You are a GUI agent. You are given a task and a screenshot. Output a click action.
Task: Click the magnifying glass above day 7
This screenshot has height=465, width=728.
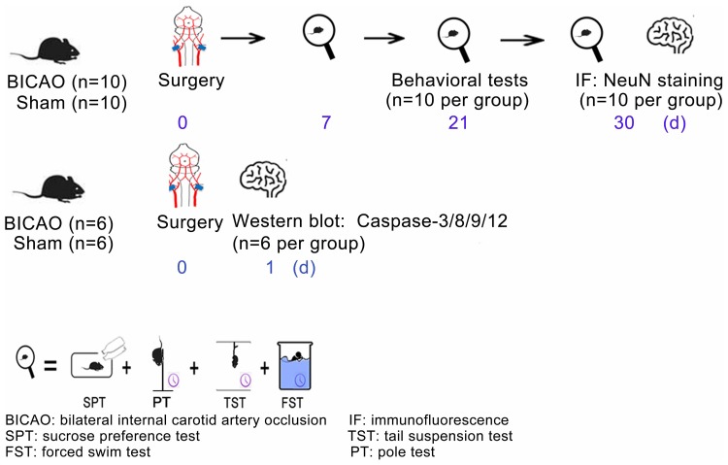(318, 39)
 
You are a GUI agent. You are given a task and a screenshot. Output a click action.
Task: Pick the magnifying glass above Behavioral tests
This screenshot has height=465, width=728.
(453, 40)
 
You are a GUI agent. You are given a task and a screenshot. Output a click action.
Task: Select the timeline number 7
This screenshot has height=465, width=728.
(321, 123)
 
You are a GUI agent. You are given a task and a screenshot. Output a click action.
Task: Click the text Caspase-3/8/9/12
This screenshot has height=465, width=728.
(447, 222)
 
